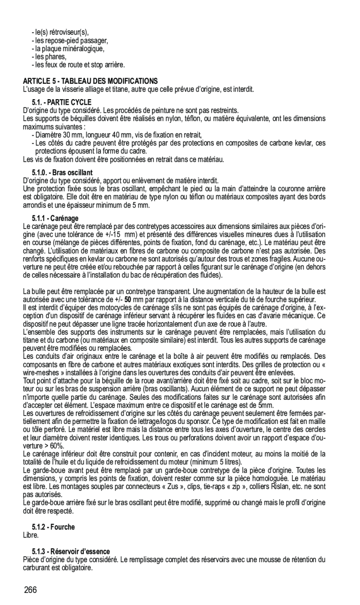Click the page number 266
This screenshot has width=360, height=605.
31,590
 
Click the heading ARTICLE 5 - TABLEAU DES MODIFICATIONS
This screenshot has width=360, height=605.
90,81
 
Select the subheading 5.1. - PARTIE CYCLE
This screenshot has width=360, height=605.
61,102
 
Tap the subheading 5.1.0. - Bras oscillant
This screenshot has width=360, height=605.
62,173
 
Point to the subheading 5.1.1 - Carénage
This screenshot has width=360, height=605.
55,218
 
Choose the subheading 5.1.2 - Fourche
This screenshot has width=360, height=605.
53,527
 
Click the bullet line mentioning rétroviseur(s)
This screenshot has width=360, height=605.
60,32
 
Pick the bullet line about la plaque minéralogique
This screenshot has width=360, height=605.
68,48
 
